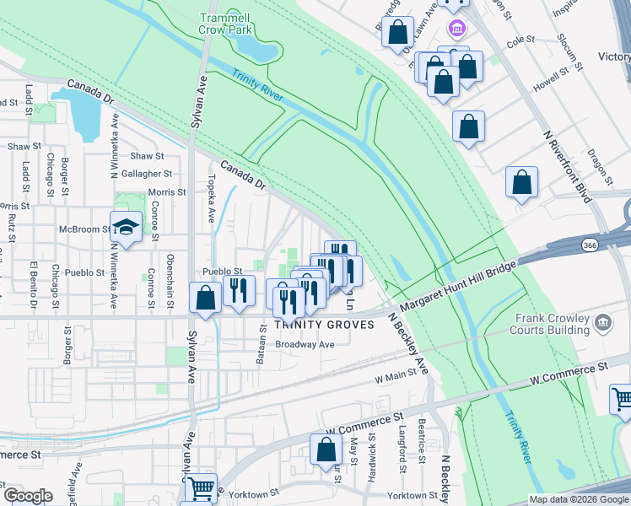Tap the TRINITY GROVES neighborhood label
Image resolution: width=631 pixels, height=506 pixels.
pos(323,325)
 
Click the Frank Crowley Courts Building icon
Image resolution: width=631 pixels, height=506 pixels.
pos(603,322)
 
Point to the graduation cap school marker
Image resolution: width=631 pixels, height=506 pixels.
pos(126,228)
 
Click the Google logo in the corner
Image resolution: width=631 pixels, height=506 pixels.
pos(28,496)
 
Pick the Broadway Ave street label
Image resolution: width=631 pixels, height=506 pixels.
pos(305,344)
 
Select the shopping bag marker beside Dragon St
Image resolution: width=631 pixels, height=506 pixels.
pos(522,182)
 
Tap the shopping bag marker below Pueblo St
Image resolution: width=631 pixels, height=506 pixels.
pos(206,299)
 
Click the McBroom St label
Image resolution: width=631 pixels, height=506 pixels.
pos(84,229)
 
